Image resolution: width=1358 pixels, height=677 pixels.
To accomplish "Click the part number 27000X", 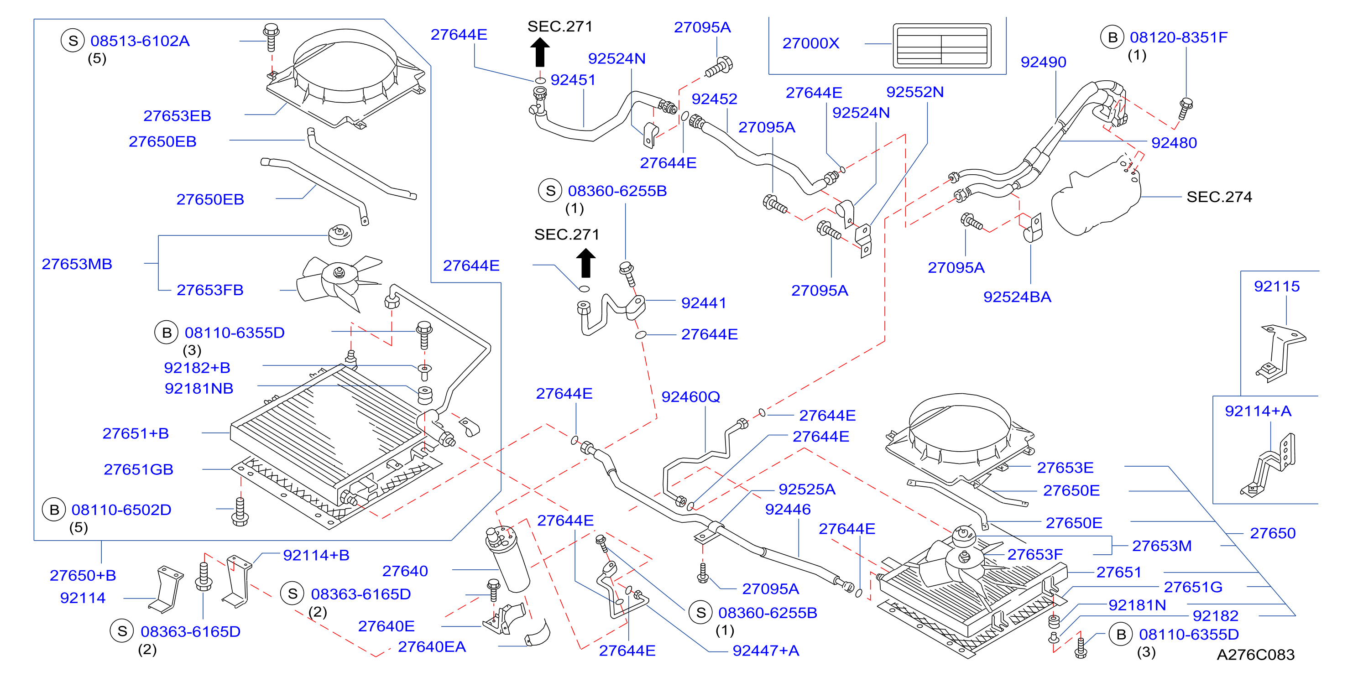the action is point(810,43).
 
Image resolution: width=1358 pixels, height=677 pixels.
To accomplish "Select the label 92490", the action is point(1043,62).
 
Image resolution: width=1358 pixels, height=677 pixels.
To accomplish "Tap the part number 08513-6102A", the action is point(140,41).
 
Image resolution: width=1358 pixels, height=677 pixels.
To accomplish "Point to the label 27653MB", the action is point(77,264).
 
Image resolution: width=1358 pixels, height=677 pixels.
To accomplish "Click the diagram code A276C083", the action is point(1255,654).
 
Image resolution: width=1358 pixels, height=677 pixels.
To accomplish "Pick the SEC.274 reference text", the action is point(1219,197).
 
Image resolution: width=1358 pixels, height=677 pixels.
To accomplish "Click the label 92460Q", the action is point(690,397).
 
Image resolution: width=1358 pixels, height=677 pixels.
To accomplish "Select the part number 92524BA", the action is point(1017,297).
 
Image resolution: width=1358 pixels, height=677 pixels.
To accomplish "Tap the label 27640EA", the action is point(432,647).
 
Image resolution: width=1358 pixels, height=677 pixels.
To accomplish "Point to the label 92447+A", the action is point(766,651).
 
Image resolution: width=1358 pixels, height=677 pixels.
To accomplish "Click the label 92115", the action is point(1276,286).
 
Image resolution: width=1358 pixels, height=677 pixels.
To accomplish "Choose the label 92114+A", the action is point(1258,411).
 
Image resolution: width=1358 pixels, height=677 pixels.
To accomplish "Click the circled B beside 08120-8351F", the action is point(1113,38).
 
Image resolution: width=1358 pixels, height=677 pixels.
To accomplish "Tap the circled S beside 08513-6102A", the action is point(73,41).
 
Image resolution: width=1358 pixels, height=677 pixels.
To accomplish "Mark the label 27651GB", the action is point(138,469).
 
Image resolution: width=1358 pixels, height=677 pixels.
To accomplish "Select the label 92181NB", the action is point(199,388).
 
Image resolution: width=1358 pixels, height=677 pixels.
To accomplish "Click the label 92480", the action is point(1174,143).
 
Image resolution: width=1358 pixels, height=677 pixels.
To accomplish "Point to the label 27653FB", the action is point(210,290).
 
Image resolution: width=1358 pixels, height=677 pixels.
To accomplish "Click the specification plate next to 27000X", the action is point(941,45).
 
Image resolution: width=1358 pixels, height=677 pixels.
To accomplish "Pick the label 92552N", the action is point(914,92).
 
